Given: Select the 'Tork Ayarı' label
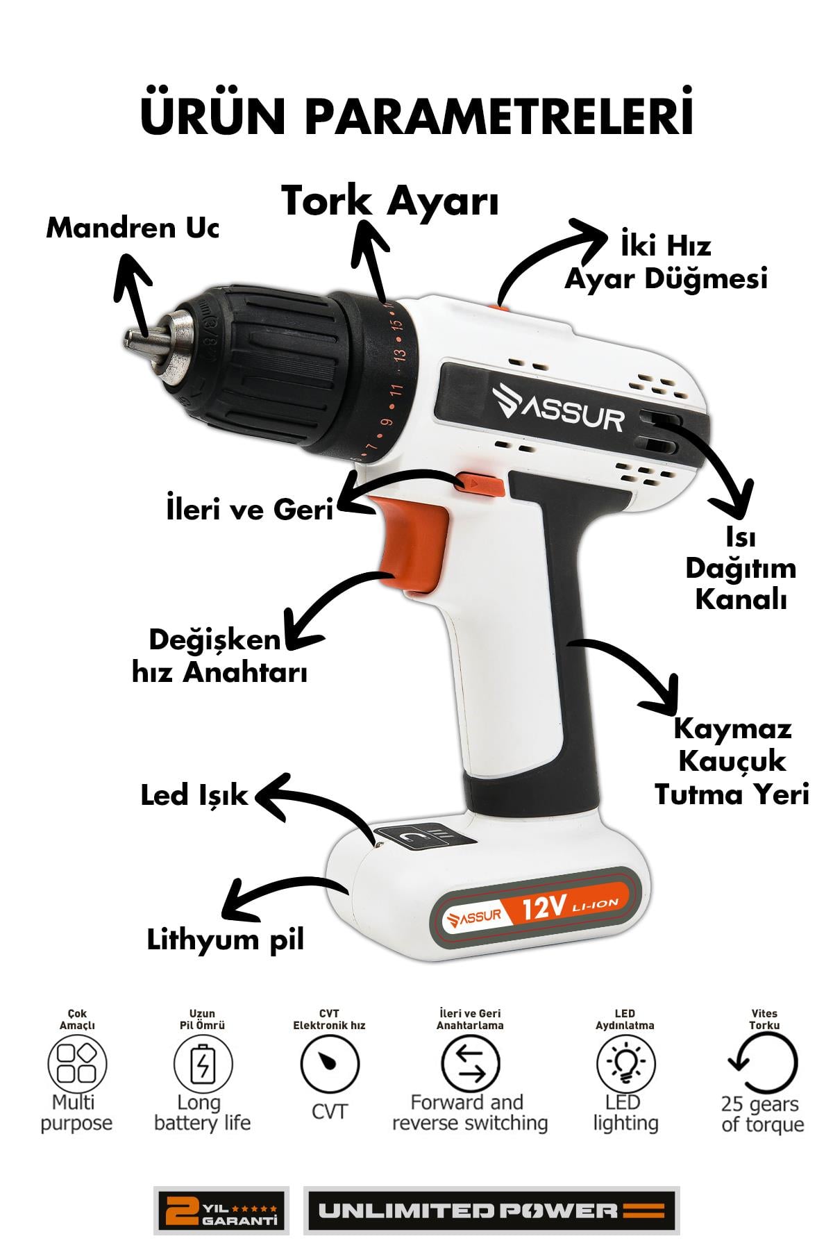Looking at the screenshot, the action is tap(390, 202).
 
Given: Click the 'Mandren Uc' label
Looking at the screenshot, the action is tap(132, 228).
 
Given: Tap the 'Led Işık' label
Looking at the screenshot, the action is tap(194, 794).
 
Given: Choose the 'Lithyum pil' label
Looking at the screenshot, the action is tap(226, 940).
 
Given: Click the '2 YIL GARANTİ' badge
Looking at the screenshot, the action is tap(221, 1210).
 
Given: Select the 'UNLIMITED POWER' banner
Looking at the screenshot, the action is tap(491, 1210).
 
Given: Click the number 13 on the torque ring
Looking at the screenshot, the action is tap(399, 354).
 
